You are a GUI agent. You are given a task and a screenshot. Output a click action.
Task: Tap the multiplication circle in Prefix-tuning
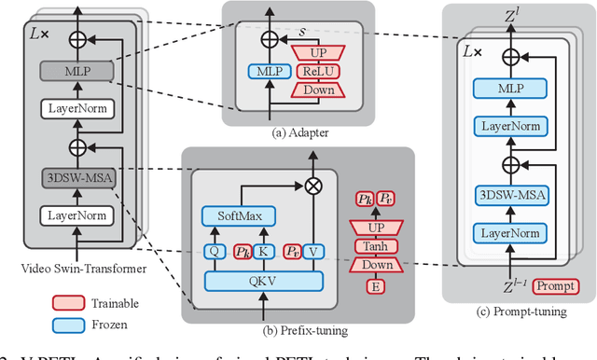(x=314, y=185)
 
